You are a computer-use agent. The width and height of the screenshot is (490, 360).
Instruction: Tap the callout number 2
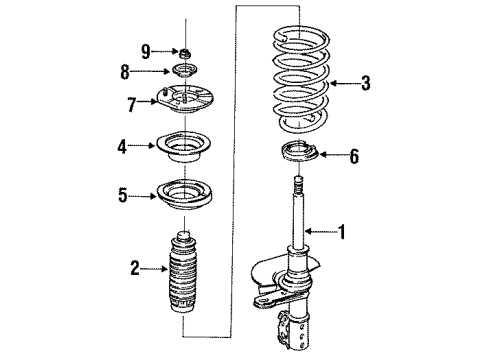pos(134,267)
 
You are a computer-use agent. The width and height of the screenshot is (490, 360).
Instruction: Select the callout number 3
pos(366,83)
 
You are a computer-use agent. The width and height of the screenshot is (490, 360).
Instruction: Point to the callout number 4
pos(121,146)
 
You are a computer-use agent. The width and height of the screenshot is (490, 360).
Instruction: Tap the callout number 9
pos(145,50)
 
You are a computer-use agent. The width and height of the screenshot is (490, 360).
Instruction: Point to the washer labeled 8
pos(185,71)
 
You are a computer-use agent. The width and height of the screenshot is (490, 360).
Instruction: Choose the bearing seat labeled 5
pos(184,196)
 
